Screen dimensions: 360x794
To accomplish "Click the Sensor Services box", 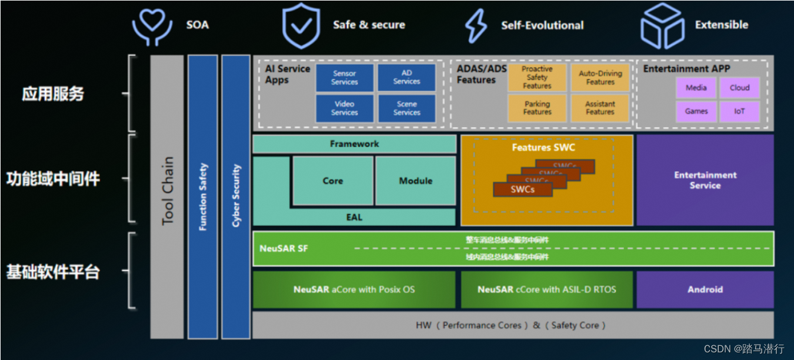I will (x=345, y=78).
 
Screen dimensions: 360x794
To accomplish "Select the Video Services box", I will (x=345, y=108).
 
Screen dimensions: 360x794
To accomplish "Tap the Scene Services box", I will (x=406, y=108).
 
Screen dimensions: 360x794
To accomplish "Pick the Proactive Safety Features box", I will (x=537, y=78).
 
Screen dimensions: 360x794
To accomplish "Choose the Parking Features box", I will (x=537, y=108).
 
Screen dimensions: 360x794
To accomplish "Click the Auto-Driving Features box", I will (x=600, y=78).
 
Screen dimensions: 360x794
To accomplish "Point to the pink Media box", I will (x=696, y=88).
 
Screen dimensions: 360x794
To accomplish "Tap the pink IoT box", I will (x=739, y=111).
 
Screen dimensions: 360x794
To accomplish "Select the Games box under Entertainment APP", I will (x=696, y=111).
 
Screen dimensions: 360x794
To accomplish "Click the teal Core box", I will (x=332, y=181).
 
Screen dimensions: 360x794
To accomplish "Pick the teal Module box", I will (x=415, y=181).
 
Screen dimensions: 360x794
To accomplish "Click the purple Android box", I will (x=705, y=289).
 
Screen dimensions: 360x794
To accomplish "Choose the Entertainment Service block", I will (x=705, y=180).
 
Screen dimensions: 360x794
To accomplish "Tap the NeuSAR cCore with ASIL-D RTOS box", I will (x=546, y=289).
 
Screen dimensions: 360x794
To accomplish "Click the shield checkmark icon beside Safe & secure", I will (x=301, y=26).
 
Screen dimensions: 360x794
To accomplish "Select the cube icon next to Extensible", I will (x=662, y=26).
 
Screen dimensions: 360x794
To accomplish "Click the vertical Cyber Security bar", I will (x=236, y=196).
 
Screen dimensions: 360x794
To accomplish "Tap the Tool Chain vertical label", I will (x=168, y=191).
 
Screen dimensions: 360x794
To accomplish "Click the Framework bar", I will (x=354, y=144).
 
